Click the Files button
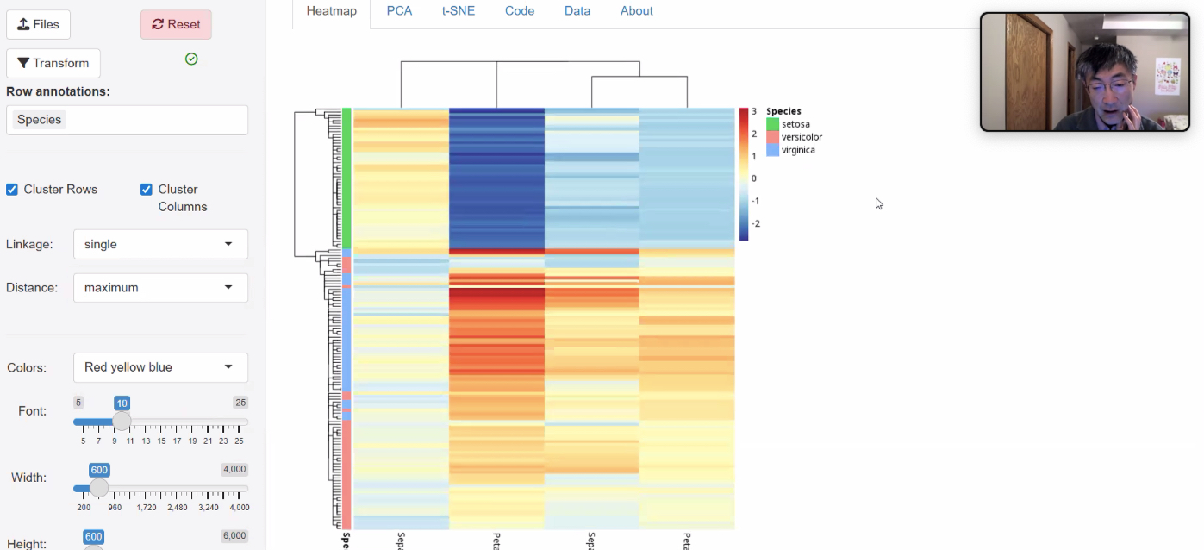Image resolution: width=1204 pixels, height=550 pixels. click(x=39, y=24)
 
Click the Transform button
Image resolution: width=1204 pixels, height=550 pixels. click(x=53, y=63)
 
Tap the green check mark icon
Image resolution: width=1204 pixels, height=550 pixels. click(x=191, y=59)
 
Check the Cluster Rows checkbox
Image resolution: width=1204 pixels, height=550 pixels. click(x=12, y=190)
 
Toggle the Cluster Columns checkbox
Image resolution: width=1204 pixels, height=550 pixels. click(x=147, y=190)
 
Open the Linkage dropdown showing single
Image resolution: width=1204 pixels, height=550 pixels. click(x=160, y=244)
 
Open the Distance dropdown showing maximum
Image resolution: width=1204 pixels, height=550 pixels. click(x=160, y=288)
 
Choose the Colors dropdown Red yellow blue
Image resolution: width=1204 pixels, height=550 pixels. click(x=160, y=367)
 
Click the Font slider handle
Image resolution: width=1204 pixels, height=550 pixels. click(x=122, y=421)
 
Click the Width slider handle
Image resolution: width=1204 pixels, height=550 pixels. click(x=99, y=488)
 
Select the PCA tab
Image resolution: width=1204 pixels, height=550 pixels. click(x=399, y=11)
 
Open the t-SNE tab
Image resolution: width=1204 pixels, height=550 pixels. click(x=459, y=11)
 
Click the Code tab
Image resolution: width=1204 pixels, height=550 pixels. click(x=520, y=11)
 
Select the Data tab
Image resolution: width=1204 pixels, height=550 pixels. click(x=577, y=11)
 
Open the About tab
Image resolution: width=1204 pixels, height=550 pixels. click(x=637, y=11)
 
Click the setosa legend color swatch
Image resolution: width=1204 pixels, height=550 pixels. click(x=772, y=124)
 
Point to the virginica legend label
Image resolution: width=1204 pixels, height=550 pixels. click(x=798, y=150)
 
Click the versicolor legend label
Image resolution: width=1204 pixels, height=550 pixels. click(x=802, y=137)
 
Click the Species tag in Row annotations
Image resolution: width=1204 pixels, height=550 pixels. click(x=40, y=120)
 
